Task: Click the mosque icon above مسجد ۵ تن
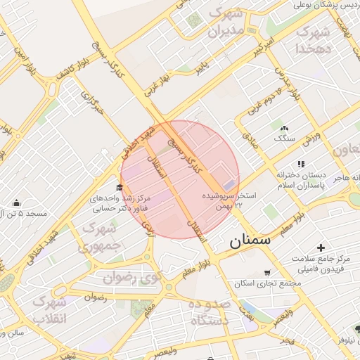click(x=17, y=202)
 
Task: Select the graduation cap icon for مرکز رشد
click(x=119, y=187)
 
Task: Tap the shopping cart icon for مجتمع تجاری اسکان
click(x=266, y=273)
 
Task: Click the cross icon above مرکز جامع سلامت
click(x=321, y=247)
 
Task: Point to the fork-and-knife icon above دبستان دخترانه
click(x=301, y=164)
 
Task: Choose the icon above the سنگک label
click(x=284, y=129)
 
